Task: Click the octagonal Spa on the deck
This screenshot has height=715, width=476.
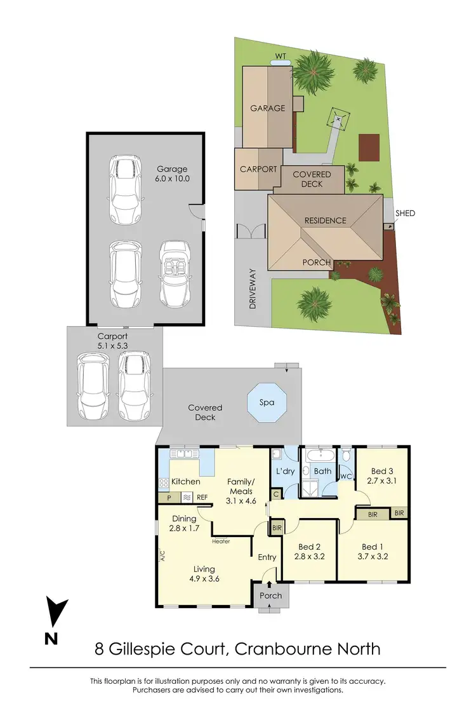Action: tap(267, 402)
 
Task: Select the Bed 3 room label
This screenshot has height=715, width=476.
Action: tap(381, 471)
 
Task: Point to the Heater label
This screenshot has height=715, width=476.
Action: tap(221, 541)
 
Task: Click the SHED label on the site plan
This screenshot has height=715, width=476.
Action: tap(405, 214)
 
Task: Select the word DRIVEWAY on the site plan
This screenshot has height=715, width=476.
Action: tap(252, 289)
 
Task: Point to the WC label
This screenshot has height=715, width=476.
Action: tap(347, 476)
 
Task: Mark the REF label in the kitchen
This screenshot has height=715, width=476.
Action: tap(202, 498)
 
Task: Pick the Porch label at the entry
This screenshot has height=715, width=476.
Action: tap(271, 596)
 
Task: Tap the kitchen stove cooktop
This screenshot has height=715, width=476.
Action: tap(162, 483)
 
